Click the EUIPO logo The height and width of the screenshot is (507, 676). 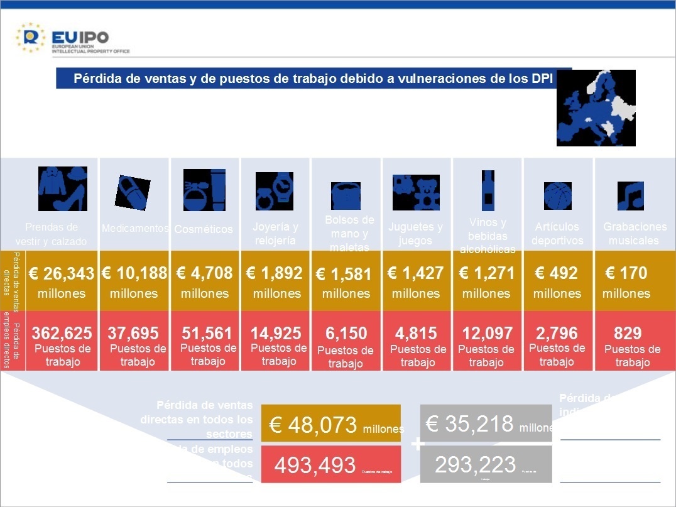[72, 38]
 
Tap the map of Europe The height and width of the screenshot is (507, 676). [596, 107]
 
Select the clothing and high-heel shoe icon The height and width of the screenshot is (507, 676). [62, 188]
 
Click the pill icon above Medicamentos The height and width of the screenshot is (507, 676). [133, 192]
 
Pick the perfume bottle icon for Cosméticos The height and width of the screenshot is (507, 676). [204, 190]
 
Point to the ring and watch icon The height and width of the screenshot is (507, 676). [275, 190]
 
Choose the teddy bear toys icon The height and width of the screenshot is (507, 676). [416, 192]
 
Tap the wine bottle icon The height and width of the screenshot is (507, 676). [488, 190]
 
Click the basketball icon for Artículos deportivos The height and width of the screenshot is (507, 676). [557, 195]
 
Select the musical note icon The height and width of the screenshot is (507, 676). [630, 195]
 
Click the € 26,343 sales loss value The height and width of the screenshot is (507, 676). [62, 274]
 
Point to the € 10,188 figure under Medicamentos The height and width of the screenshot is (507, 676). [134, 273]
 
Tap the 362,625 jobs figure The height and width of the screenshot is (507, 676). [62, 333]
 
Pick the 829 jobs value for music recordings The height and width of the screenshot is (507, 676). [628, 334]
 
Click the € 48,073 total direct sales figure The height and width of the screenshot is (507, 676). [313, 425]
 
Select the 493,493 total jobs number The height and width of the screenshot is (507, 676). [315, 466]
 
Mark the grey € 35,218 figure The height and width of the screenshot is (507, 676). [469, 424]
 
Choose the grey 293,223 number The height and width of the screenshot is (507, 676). [475, 465]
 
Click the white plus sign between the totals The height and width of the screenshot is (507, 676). [417, 445]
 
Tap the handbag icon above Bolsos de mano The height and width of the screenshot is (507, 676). [346, 195]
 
